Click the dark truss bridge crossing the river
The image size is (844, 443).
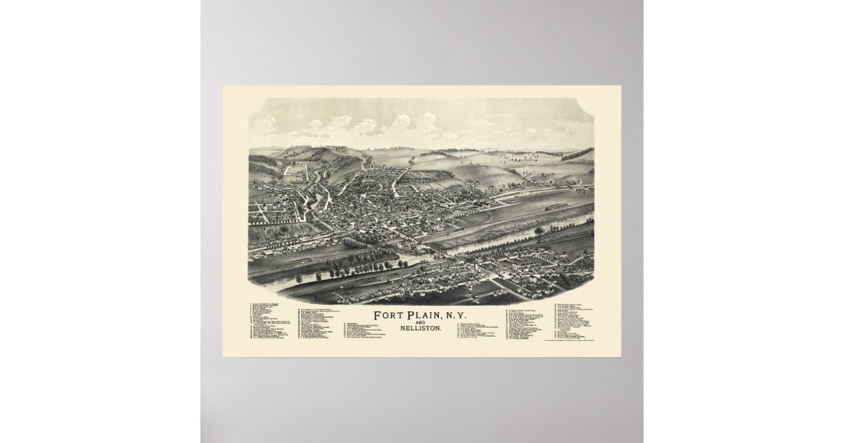(x=437, y=248)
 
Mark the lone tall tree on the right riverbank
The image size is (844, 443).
(x=539, y=231)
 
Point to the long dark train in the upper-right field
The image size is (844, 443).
(x=556, y=207)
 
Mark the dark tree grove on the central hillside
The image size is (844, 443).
(x=429, y=176)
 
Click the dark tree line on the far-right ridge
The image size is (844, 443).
(x=577, y=153)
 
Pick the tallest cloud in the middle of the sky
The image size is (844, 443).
(x=425, y=124)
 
